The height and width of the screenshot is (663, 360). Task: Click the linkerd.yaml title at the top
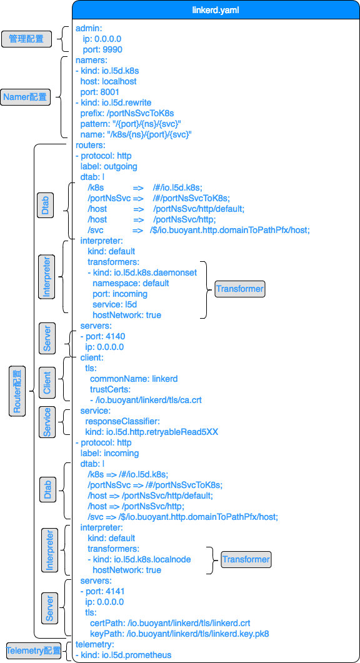pos(215,11)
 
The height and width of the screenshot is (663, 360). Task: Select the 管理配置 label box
pos(26,39)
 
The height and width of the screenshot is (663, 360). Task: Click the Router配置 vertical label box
pos(17,391)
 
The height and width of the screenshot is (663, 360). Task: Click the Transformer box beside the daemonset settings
pos(239,289)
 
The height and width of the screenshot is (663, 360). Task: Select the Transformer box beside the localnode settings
pos(246,559)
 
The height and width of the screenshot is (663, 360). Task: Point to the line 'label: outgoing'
pos(108,166)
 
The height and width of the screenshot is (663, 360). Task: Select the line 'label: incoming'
pos(109,453)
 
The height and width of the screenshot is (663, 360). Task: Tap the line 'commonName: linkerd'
pos(134,379)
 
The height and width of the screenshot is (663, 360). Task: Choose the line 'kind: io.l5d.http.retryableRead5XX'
pos(151,432)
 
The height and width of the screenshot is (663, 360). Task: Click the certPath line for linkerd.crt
pos(170,623)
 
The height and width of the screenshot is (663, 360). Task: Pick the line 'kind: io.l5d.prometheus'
pos(123,655)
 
